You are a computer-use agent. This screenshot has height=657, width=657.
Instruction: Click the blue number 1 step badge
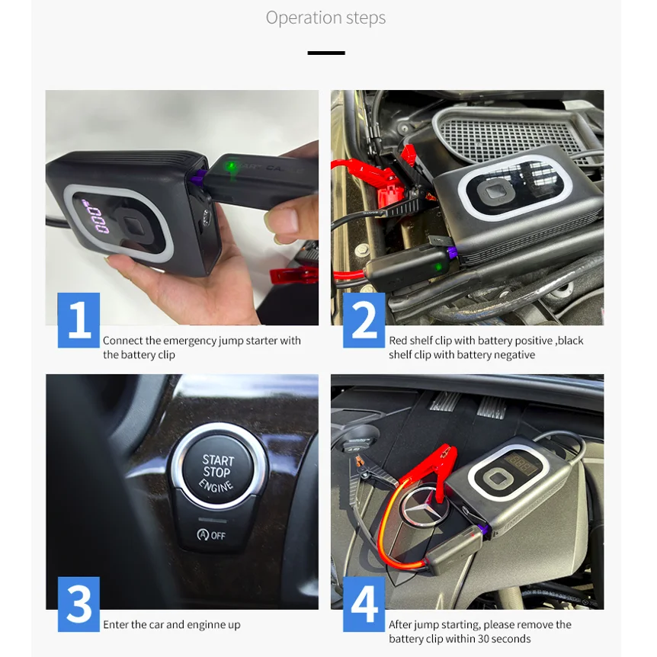pos(79,320)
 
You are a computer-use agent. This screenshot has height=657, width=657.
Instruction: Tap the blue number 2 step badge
pos(364,320)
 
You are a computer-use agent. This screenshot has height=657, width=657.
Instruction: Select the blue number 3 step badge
pos(79,604)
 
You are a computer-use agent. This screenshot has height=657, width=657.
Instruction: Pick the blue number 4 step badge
pos(364,604)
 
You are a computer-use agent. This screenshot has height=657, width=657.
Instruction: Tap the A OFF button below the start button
pos(212,535)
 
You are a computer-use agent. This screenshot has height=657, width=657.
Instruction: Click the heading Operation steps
pos(325,18)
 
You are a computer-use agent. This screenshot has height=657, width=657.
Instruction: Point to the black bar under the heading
pos(326,53)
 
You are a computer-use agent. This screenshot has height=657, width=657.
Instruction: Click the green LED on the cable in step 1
pos(230,165)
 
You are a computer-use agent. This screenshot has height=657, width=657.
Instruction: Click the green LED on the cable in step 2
pos(438,267)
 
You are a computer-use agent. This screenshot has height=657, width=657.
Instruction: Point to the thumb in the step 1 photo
pos(289,218)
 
